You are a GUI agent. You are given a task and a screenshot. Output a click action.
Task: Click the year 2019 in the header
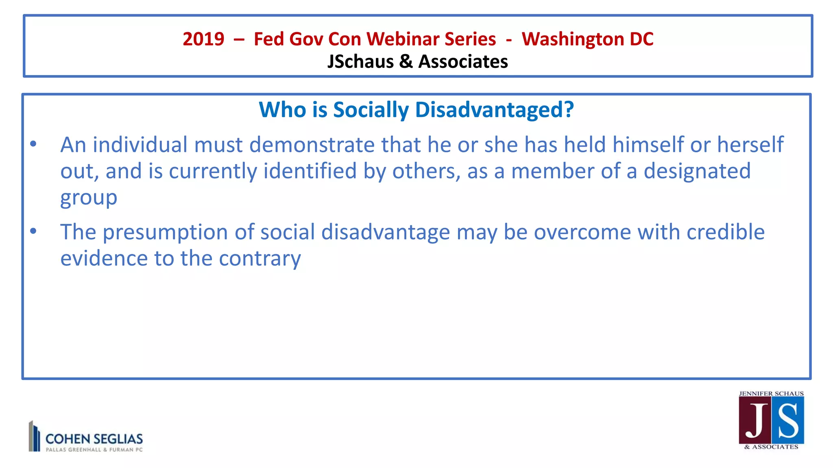pos(203,39)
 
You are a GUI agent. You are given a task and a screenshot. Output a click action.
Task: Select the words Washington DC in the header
pos(587,39)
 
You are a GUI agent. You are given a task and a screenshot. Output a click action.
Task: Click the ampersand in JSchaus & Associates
pos(406,62)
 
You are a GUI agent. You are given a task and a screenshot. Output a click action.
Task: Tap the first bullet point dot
pos(33,144)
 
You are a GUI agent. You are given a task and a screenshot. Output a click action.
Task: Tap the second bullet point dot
pos(33,231)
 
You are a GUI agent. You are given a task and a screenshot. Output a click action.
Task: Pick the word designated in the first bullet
pos(697,171)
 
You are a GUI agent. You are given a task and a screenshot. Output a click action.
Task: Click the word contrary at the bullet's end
pos(260,259)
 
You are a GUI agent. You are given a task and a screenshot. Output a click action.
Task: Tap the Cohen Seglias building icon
pos(34,436)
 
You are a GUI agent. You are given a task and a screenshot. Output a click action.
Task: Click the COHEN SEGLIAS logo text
pos(94,439)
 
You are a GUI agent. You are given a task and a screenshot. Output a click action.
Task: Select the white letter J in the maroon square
pos(755,421)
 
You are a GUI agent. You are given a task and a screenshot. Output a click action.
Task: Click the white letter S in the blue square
pos(788,421)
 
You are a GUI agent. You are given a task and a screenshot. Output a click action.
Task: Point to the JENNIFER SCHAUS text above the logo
pos(771,394)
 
